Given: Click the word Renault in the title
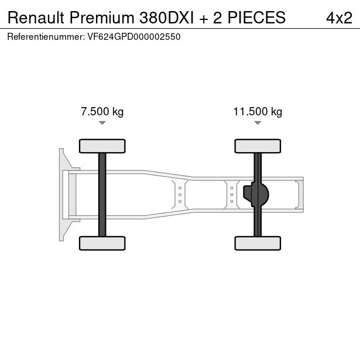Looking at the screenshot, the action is tap(36, 18).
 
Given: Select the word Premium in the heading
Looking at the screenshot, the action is tap(102, 18).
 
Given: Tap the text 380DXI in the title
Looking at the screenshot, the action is tap(166, 18).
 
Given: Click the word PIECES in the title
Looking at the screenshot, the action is tap(256, 18).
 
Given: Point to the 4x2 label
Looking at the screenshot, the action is tap(339, 18).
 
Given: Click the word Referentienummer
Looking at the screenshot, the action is tap(46, 37).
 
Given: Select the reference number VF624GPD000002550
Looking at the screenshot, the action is tap(134, 37).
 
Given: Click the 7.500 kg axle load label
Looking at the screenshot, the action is tap(102, 112).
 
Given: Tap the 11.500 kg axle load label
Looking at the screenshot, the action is tap(258, 112).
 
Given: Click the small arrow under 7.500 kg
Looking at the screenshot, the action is tap(102, 123).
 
